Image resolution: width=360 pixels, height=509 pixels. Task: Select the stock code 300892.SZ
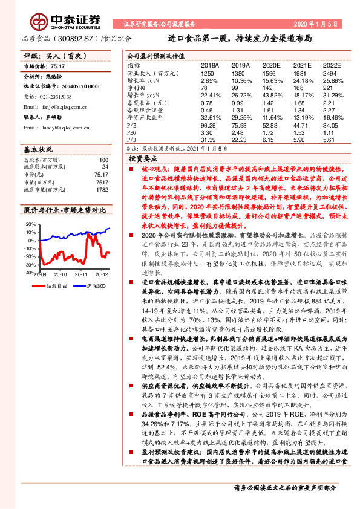(x=77, y=38)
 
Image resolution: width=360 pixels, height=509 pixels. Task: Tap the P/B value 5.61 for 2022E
(x=329, y=138)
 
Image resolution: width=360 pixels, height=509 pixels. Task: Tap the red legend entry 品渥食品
(x=58, y=285)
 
